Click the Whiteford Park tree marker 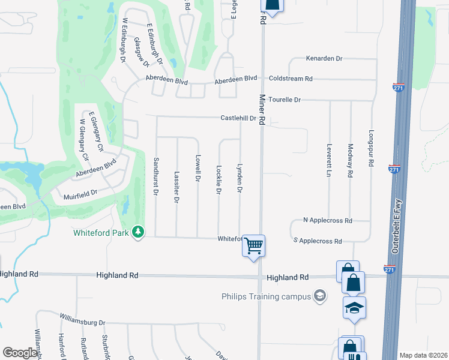pos(139,232)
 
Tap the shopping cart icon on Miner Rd pos(254,245)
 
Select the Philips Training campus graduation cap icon pos(320,296)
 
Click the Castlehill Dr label pos(238,118)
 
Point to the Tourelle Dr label pos(284,99)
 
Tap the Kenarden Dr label pos(324,59)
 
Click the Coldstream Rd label pos(291,79)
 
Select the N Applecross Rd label pos(327,221)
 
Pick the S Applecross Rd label pos(317,241)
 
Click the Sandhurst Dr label pos(155,176)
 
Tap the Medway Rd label pos(350,160)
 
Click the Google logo pos(20,353)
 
